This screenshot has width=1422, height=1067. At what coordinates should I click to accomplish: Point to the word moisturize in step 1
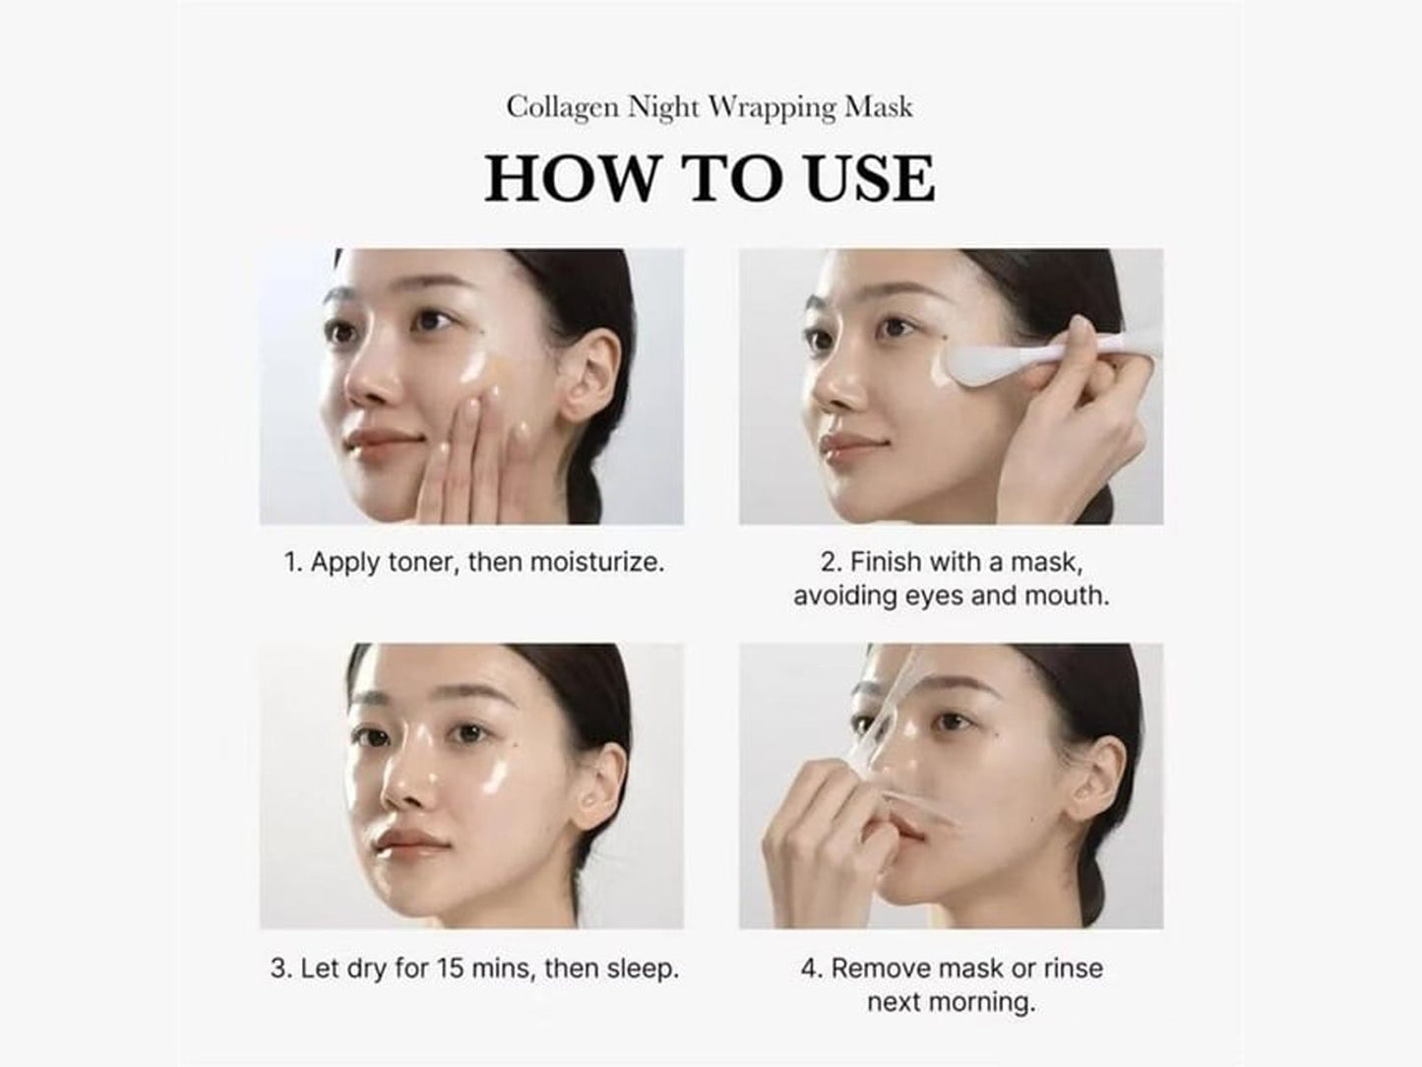click(596, 562)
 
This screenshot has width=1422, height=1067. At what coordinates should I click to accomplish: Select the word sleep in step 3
click(642, 968)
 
